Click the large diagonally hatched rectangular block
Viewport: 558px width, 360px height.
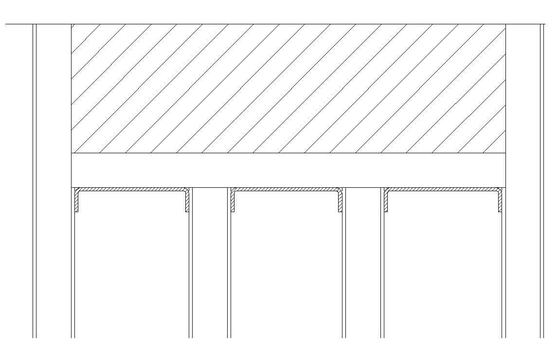288,89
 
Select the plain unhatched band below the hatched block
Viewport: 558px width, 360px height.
288,170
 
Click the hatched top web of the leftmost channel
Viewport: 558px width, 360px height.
132,189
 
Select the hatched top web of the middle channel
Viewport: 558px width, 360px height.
287,189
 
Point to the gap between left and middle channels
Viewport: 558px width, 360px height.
210,263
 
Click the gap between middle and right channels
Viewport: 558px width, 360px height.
363,263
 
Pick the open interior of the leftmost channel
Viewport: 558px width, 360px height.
132,263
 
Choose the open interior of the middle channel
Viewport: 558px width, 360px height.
287,263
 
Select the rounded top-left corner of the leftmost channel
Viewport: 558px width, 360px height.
77,191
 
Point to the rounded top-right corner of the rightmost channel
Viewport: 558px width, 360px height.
499,191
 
